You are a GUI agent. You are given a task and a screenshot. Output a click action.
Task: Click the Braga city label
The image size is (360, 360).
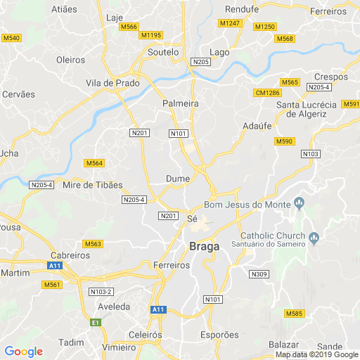pyautogui.click(x=205, y=246)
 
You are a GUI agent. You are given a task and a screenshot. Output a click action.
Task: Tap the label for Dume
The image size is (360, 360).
pyautogui.click(x=178, y=179)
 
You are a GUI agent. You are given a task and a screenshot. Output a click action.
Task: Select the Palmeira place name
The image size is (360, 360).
pyautogui.click(x=180, y=103)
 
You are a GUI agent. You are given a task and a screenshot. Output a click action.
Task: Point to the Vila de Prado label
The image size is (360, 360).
pyautogui.click(x=112, y=83)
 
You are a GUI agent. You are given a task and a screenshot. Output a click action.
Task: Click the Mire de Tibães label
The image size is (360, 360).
pyautogui.click(x=93, y=185)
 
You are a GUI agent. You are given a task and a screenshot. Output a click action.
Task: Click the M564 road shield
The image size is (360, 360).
pyautogui.click(x=94, y=163)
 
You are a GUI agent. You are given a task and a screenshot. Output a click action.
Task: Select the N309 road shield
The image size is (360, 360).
pyautogui.click(x=259, y=274)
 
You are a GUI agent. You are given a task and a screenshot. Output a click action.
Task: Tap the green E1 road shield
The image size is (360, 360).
pyautogui.click(x=96, y=322)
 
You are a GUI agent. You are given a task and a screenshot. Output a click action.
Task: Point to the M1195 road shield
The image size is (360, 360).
pyautogui.click(x=151, y=35)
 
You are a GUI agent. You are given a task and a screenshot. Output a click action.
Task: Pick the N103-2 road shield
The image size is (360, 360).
pyautogui.click(x=101, y=292)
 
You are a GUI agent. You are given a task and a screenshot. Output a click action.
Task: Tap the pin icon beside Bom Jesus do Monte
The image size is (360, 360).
pyautogui.click(x=300, y=205)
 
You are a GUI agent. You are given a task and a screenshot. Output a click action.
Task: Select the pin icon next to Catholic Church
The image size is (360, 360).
pyautogui.click(x=314, y=237)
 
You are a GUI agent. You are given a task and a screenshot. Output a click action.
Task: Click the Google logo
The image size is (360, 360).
pyautogui.click(x=23, y=352)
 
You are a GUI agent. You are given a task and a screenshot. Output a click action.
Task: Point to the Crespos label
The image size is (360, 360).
pyautogui.click(x=331, y=77)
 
